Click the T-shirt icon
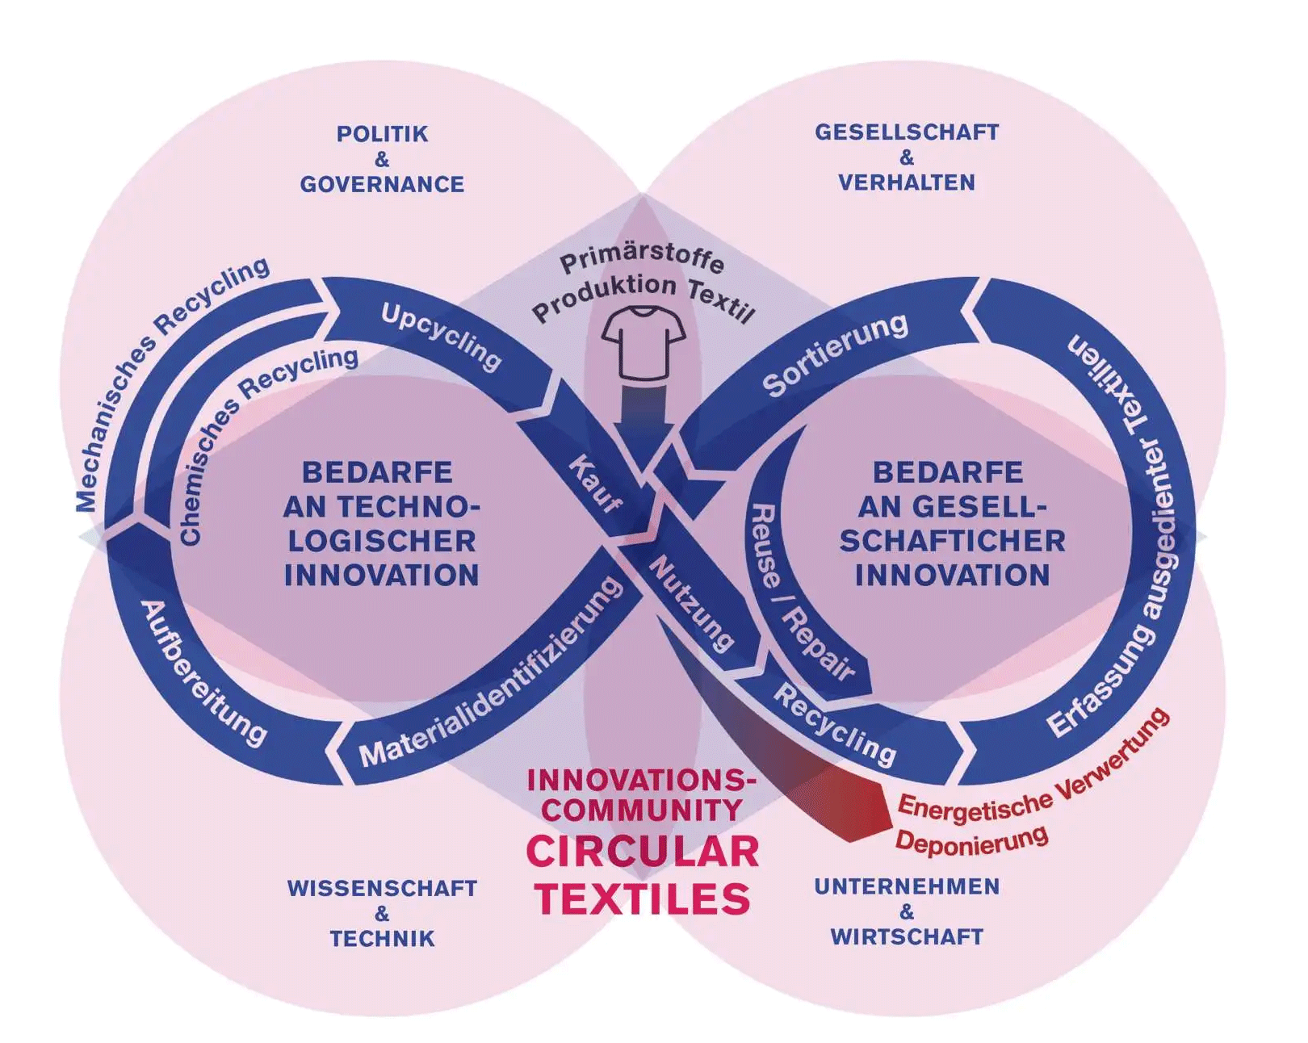(644, 343)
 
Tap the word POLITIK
(382, 134)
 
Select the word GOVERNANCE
(382, 185)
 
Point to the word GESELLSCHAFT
(907, 132)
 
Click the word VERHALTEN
(907, 183)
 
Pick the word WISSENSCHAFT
(382, 889)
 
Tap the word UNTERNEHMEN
(907, 886)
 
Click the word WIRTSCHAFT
(907, 937)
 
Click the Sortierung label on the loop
(835, 354)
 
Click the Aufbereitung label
(203, 673)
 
